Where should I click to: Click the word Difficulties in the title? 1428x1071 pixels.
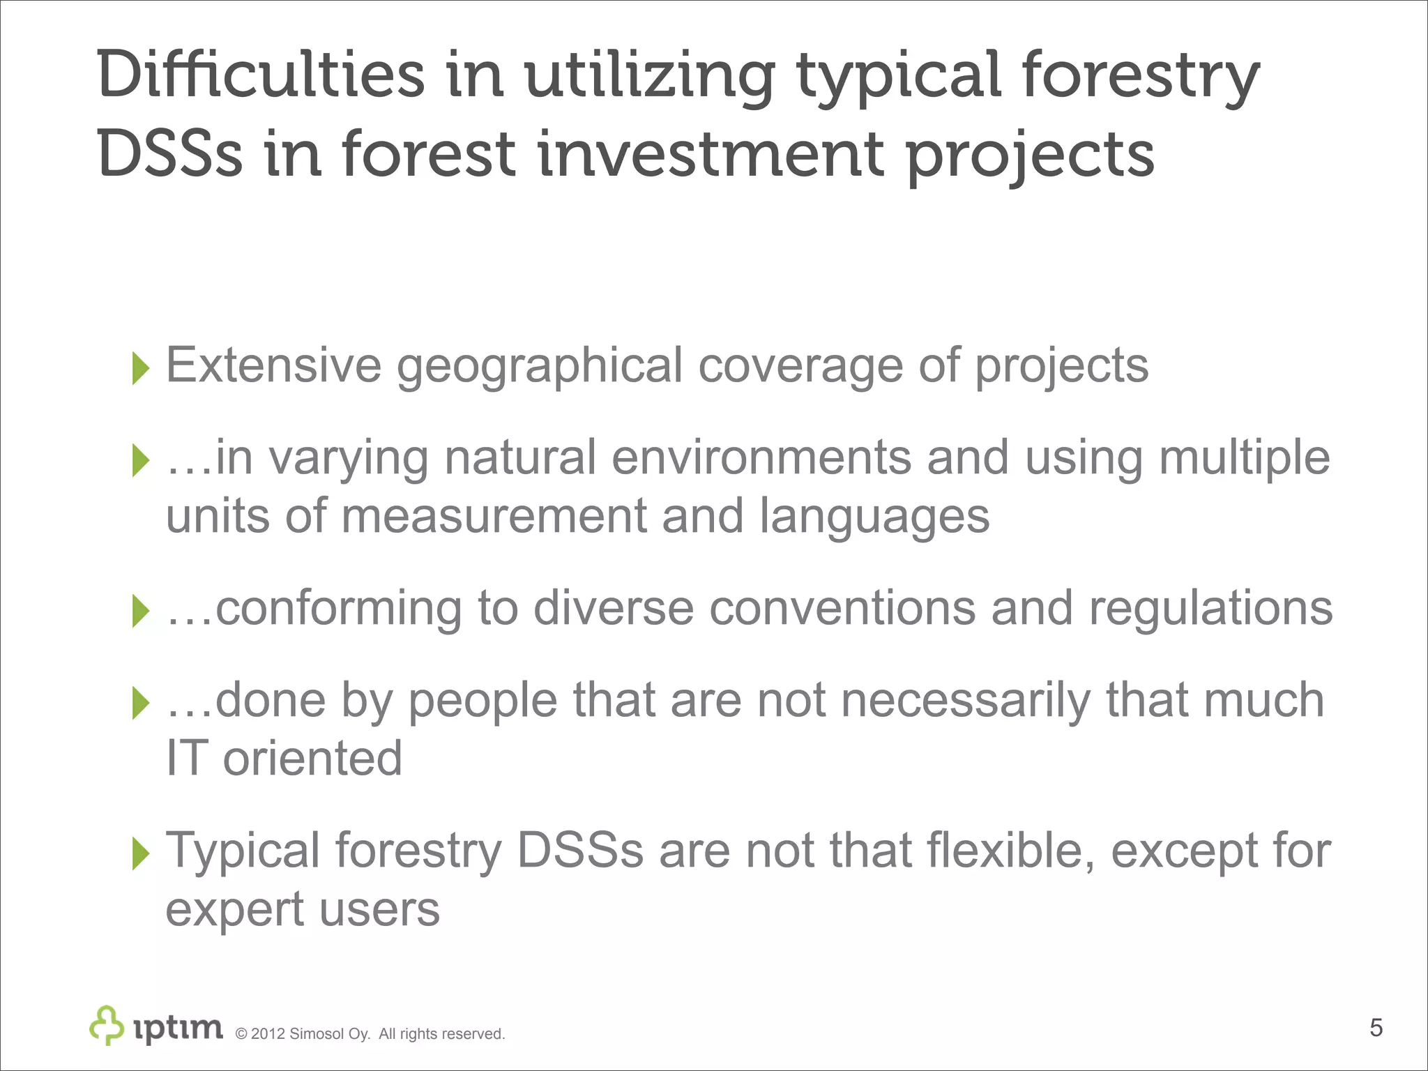point(260,75)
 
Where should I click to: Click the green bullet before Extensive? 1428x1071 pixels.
point(141,367)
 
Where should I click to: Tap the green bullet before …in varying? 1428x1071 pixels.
point(141,460)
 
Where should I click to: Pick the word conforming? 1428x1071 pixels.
point(338,609)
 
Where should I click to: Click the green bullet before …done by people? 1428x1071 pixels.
point(141,702)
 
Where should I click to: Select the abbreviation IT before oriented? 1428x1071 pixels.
point(186,759)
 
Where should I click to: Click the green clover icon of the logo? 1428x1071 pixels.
point(107,1025)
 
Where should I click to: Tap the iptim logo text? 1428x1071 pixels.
point(178,1028)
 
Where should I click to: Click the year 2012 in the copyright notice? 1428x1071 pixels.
point(268,1034)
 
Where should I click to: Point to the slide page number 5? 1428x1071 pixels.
point(1376,1028)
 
